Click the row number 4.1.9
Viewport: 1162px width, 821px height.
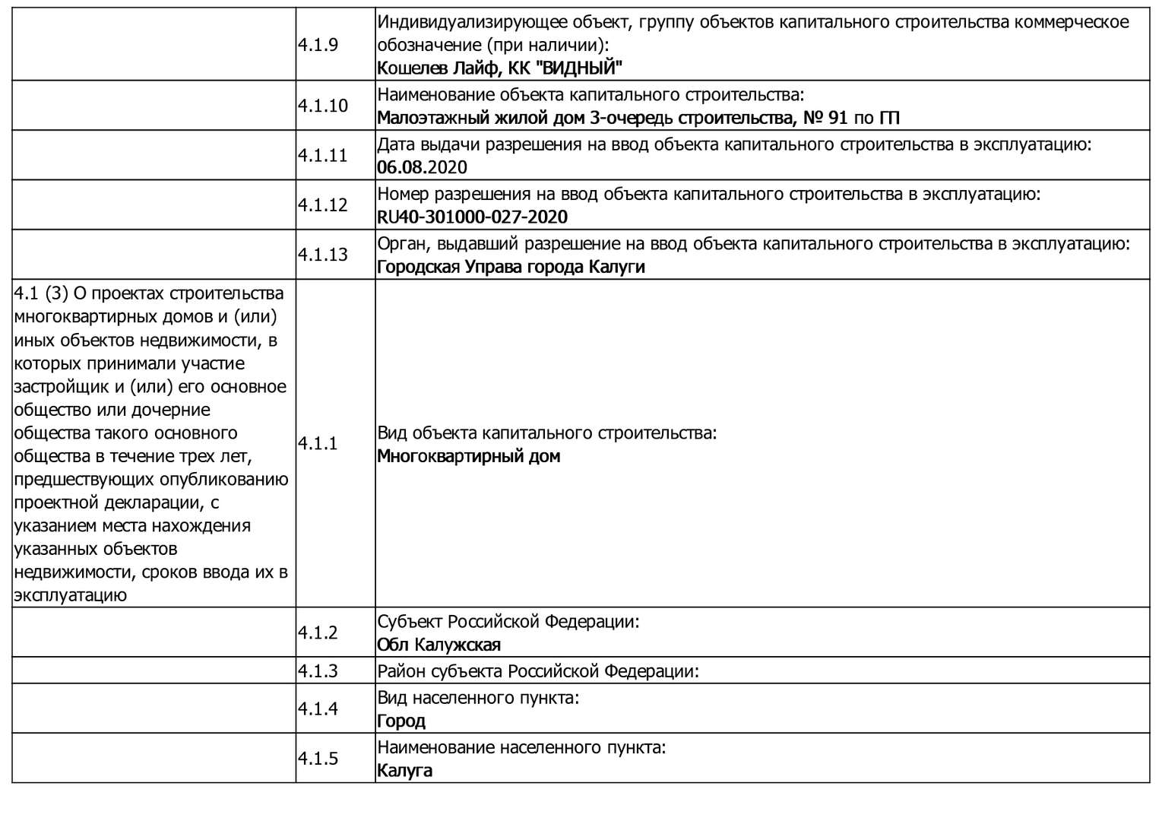(318, 45)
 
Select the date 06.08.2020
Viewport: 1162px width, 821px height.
(422, 167)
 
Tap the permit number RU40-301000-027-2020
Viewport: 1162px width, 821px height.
(472, 217)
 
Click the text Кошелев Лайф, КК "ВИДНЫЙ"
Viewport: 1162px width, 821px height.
(499, 68)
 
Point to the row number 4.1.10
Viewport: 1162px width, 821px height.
(322, 106)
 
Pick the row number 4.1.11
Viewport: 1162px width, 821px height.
(322, 156)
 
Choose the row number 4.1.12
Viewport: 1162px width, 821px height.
(322, 205)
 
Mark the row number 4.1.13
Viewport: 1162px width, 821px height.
(322, 255)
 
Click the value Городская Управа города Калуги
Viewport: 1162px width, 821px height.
(511, 267)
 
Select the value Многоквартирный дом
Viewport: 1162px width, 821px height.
(468, 456)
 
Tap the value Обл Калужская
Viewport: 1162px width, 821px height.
(439, 645)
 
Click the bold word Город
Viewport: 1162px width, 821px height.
(401, 721)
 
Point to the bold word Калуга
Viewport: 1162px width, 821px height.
(404, 771)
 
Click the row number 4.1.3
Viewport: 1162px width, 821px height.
(318, 671)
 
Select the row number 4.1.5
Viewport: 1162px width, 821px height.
(318, 759)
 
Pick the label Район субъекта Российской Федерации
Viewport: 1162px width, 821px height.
(537, 671)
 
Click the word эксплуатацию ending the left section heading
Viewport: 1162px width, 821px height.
(70, 595)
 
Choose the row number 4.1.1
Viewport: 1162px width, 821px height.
(318, 444)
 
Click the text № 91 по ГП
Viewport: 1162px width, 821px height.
(846, 118)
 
